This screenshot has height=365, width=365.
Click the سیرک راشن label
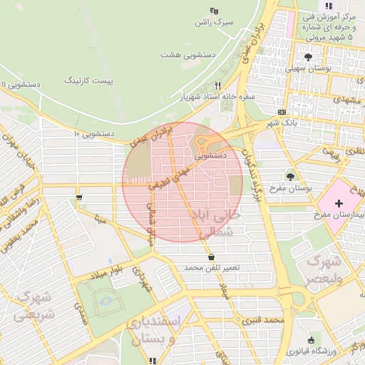tap(215, 22)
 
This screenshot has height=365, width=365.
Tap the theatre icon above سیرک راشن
tap(213, 10)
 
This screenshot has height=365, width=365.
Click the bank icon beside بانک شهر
tap(282, 112)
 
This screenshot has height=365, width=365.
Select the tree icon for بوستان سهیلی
tap(308, 56)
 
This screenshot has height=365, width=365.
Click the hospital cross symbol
tap(339, 204)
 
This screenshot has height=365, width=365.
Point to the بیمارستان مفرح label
tap(339, 215)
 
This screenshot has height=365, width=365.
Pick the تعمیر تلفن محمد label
tap(212, 267)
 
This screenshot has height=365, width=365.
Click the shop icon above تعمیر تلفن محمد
tap(211, 257)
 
